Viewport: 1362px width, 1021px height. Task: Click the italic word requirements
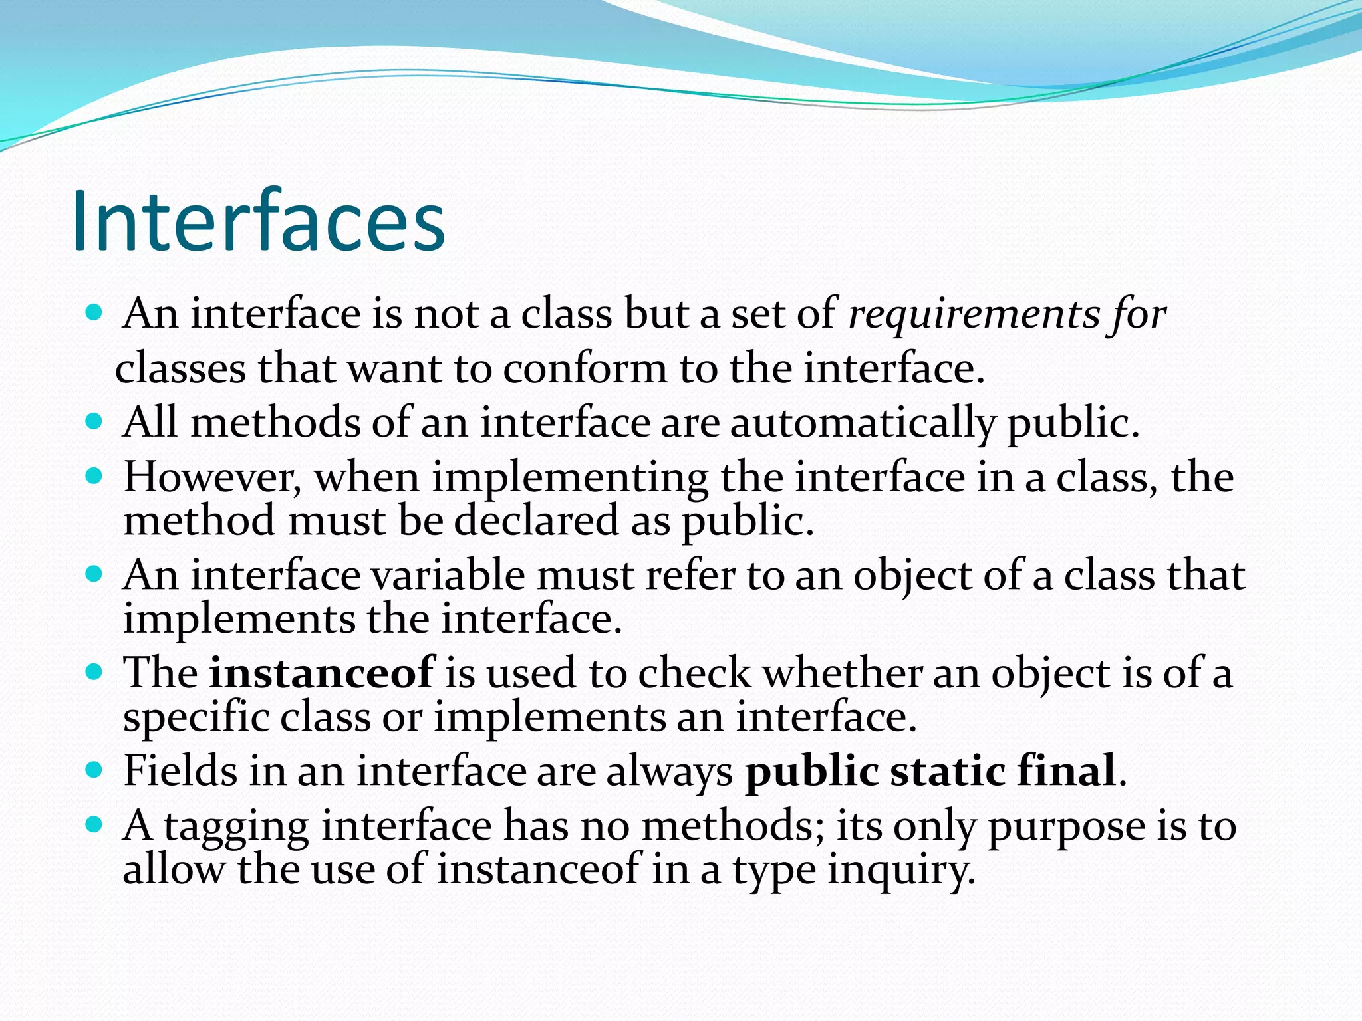pos(974,314)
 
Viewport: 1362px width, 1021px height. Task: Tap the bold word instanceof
pos(322,673)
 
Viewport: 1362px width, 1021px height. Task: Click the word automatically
pos(863,423)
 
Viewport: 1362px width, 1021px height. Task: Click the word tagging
pos(236,827)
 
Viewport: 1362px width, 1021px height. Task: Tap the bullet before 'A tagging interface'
pos(94,825)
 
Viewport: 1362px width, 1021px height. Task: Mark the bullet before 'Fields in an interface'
pos(94,770)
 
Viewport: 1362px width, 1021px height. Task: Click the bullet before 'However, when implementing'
pos(94,476)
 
